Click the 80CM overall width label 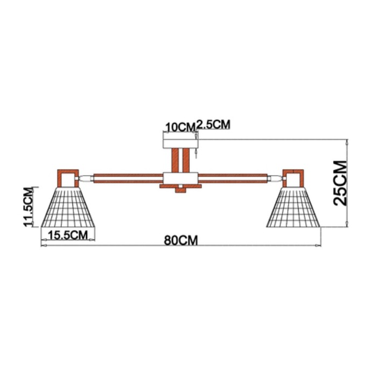point(181,240)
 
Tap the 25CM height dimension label point(340,183)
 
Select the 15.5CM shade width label point(68,235)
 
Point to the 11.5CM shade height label point(28,207)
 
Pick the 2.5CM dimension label point(213,125)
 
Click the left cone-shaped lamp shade point(68,207)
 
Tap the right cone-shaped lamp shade point(294,207)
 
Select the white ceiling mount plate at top point(180,144)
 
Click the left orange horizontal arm point(128,178)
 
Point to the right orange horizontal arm point(233,178)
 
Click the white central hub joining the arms point(180,178)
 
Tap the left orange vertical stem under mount point(175,160)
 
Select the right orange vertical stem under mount point(186,160)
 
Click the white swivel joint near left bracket point(86,178)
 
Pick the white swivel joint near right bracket point(275,178)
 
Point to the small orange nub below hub point(180,190)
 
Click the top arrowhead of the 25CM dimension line point(346,141)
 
